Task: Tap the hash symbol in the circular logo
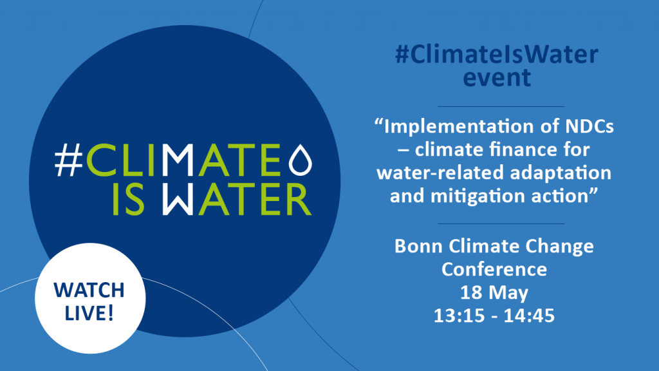tap(69, 160)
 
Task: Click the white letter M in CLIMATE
tap(178, 160)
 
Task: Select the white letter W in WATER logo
tap(178, 200)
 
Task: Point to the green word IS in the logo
tap(129, 200)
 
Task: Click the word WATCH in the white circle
tap(89, 290)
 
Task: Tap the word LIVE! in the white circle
tap(89, 314)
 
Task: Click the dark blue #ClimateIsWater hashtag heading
tap(497, 55)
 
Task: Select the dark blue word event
tap(497, 78)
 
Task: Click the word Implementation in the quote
tap(459, 127)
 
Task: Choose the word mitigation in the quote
tap(475, 196)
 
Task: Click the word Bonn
tap(418, 247)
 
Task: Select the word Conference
tap(494, 270)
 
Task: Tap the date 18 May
tap(494, 293)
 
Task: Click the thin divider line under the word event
tap(501, 106)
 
